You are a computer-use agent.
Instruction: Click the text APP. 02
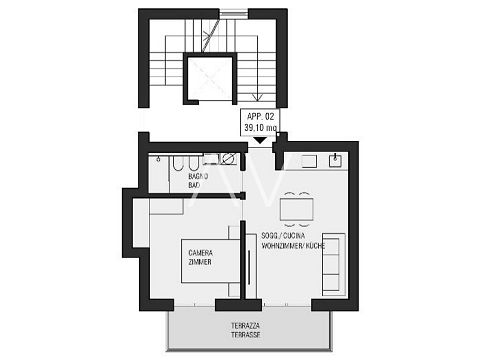point(260,117)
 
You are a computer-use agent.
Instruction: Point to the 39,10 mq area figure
point(260,127)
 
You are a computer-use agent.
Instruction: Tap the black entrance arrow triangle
point(260,141)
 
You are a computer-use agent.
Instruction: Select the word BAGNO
point(198,176)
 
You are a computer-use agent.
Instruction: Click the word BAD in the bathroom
point(194,185)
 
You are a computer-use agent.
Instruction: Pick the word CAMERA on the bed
point(201,253)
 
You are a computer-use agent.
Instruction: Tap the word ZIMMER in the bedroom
point(200,262)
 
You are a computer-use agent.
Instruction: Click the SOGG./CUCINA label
point(283,236)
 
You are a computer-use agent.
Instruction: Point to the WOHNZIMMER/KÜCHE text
point(293,246)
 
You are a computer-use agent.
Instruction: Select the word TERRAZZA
point(246,325)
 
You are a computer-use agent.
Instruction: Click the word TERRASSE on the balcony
point(246,335)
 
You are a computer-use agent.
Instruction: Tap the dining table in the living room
point(296,209)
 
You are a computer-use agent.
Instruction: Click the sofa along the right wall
point(333,265)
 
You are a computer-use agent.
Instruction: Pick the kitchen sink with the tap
point(335,161)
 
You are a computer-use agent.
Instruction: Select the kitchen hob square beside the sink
point(309,161)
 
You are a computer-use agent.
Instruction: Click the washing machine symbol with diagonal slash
point(228,159)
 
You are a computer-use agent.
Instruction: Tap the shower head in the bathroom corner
point(159,159)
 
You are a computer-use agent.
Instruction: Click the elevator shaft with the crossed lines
point(210,78)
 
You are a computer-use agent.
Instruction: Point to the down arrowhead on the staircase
point(257,97)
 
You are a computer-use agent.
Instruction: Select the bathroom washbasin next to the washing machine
point(210,159)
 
